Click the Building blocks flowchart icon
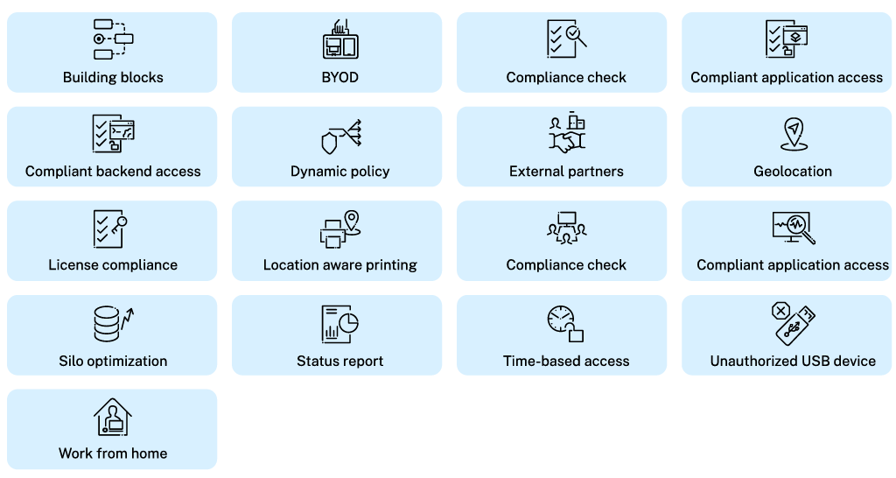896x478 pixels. pyautogui.click(x=113, y=39)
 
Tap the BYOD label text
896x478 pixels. pyautogui.click(x=339, y=77)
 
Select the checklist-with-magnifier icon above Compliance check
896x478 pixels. pyautogui.click(x=566, y=39)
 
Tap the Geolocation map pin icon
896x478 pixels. pyautogui.click(x=792, y=134)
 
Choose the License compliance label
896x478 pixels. pyautogui.click(x=113, y=265)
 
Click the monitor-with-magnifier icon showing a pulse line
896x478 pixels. pyautogui.click(x=793, y=228)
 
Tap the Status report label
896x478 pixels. pyautogui.click(x=339, y=361)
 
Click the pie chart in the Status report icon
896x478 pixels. pyautogui.click(x=348, y=321)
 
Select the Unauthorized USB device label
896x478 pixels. pyautogui.click(x=793, y=361)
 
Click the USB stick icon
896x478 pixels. pyautogui.click(x=795, y=327)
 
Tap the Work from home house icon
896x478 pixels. pyautogui.click(x=113, y=417)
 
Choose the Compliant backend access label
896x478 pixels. pyautogui.click(x=113, y=172)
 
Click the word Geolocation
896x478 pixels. pyautogui.click(x=793, y=172)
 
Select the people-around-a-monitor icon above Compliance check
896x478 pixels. pyautogui.click(x=566, y=228)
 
